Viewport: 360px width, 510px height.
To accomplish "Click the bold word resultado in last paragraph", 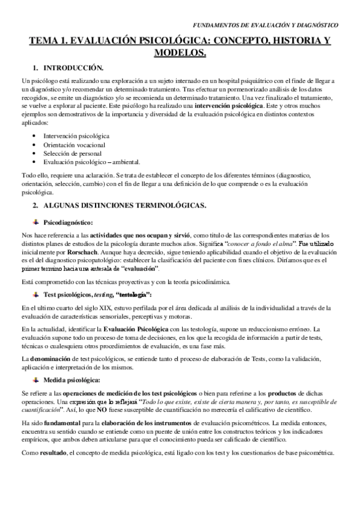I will (x=55, y=453).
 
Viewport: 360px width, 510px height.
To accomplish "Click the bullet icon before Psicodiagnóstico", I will (x=37, y=221).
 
